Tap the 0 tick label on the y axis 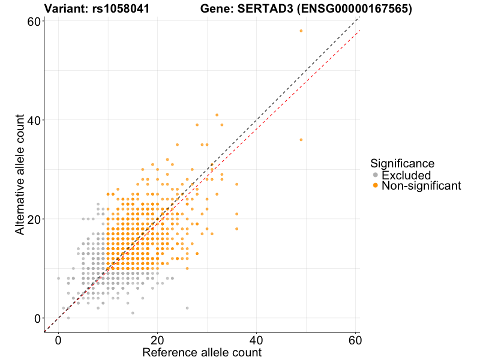pyautogui.click(x=37, y=318)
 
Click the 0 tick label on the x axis pyautogui.click(x=58, y=339)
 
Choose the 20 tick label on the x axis pyautogui.click(x=157, y=339)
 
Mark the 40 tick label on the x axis pyautogui.click(x=257, y=339)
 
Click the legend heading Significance pyautogui.click(x=402, y=163)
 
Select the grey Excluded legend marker pyautogui.click(x=376, y=175)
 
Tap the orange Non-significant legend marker pyautogui.click(x=376, y=186)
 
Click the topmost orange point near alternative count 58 pyautogui.click(x=301, y=31)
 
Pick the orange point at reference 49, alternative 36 pyautogui.click(x=301, y=140)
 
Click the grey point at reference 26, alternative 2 pyautogui.click(x=187, y=308)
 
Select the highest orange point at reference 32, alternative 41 pyautogui.click(x=217, y=115)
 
